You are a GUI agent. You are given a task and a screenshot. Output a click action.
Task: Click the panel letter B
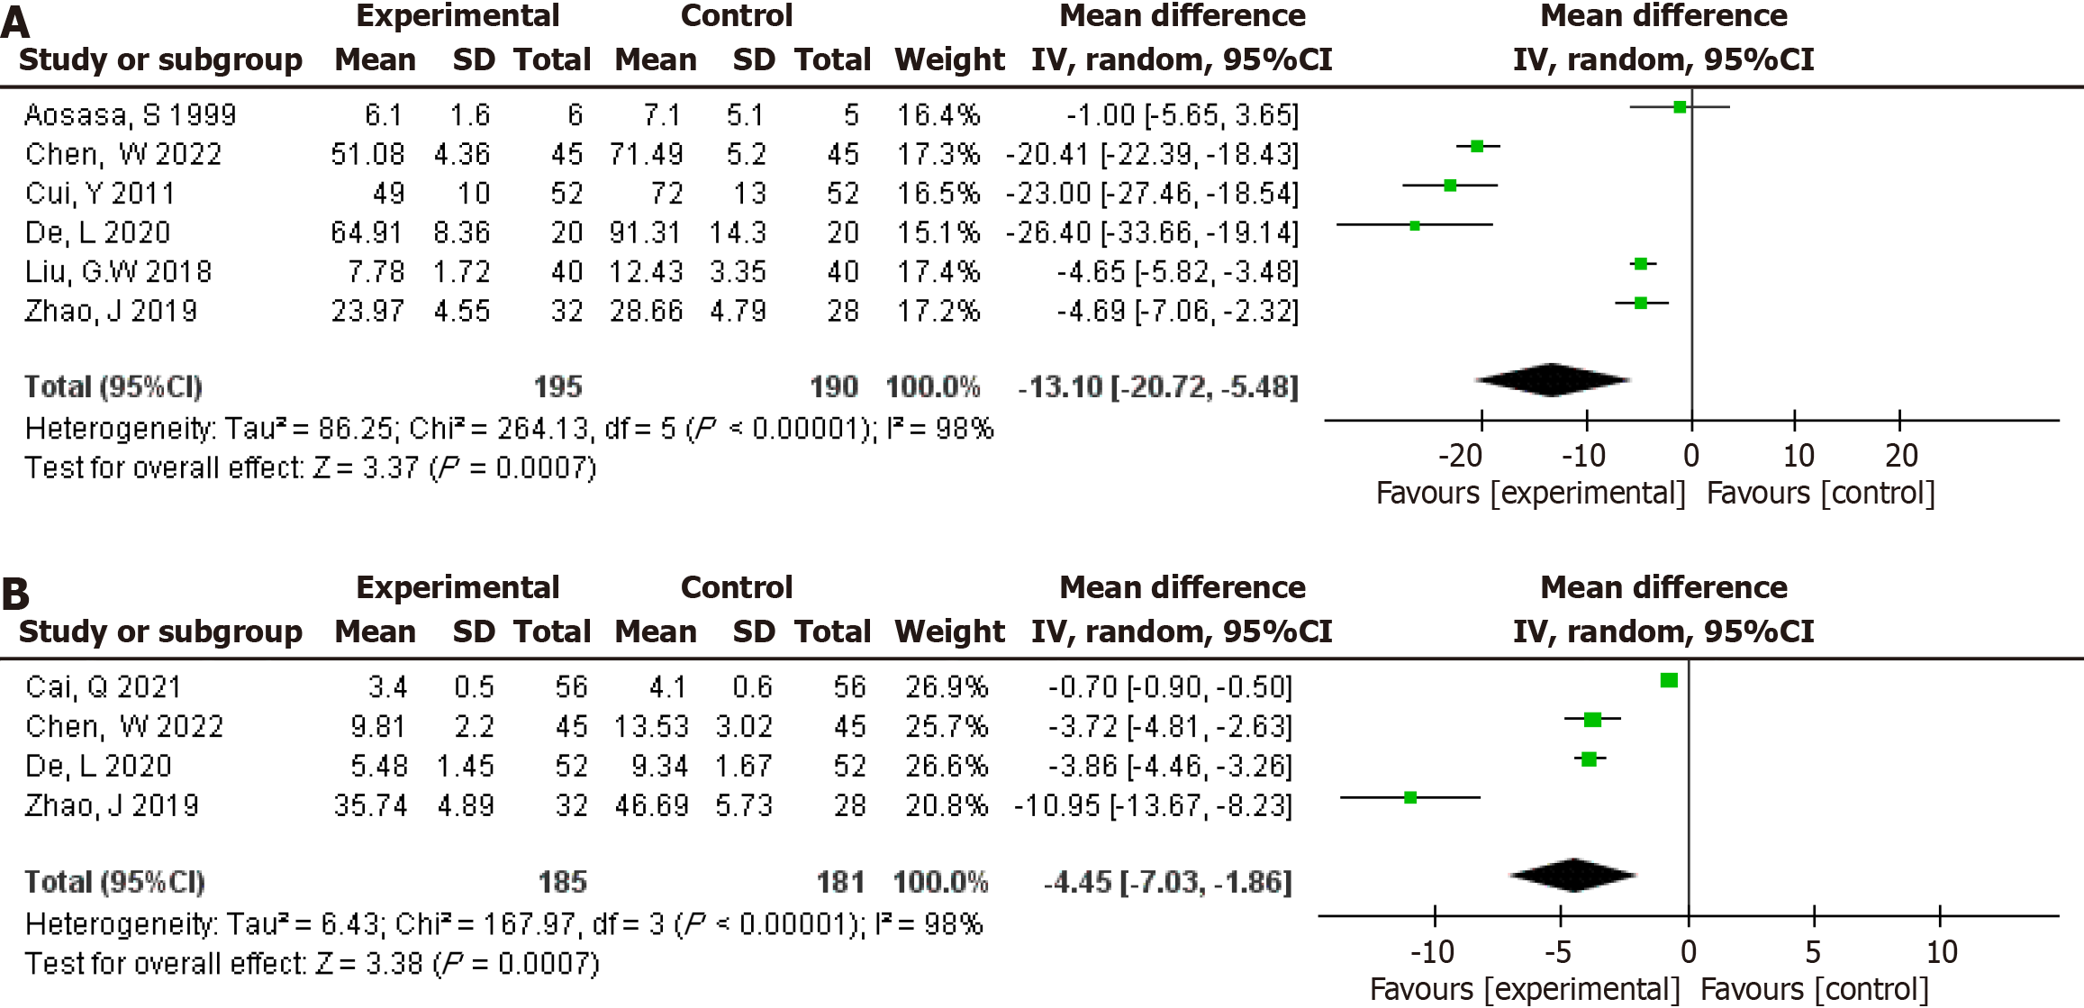tap(15, 595)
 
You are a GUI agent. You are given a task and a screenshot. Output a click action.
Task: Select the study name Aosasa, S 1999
tap(130, 115)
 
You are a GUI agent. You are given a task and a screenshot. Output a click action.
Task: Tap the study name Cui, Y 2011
tap(100, 194)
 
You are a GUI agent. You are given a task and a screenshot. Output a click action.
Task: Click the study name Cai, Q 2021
tap(104, 687)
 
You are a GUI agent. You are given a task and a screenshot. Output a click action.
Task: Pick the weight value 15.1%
tap(938, 232)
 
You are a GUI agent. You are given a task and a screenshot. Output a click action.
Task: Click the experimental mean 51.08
tap(367, 154)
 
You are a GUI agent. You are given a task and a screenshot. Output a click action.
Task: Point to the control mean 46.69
tap(650, 805)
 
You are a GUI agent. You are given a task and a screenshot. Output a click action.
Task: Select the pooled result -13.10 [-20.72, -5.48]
tap(1158, 387)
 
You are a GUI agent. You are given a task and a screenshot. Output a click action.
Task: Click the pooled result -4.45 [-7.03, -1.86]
tap(1167, 882)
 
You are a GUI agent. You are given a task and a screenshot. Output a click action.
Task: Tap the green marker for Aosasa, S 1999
tap(1680, 107)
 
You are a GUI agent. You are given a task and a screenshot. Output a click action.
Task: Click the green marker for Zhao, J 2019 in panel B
tap(1410, 797)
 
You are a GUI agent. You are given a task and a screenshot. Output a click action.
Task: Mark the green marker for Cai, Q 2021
tap(1669, 680)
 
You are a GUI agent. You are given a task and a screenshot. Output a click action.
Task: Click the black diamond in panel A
tap(1552, 380)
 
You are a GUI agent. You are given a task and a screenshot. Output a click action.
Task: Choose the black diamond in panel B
tap(1573, 875)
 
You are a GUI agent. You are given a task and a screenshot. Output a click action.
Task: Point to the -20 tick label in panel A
tap(1460, 456)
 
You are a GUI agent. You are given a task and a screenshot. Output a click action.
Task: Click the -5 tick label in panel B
tap(1558, 952)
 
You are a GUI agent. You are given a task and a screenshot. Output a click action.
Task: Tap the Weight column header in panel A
tap(949, 59)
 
